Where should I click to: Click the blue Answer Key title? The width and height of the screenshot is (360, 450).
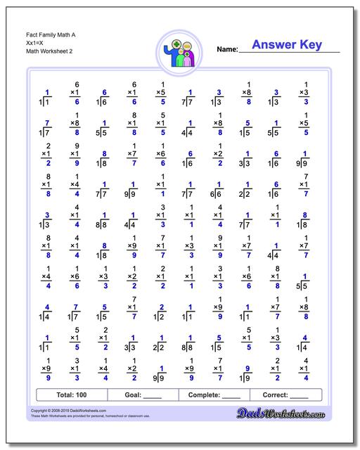click(286, 46)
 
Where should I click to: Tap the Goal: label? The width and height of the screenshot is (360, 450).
click(134, 395)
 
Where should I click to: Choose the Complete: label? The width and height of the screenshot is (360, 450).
click(205, 395)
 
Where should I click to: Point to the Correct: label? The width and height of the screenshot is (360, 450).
click(276, 395)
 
